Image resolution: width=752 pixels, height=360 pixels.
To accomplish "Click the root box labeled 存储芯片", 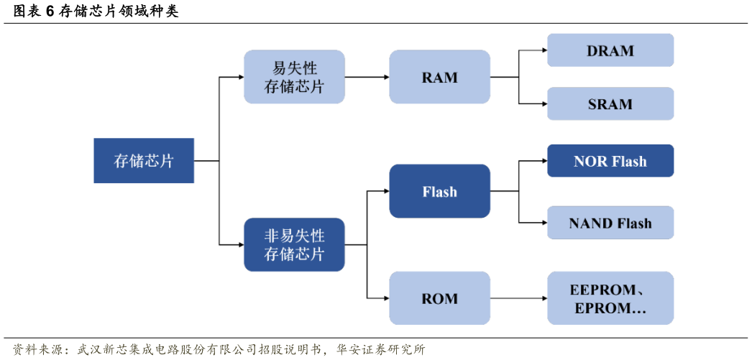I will pos(144,161).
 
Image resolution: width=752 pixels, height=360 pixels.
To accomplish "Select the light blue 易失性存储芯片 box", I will pos(294,77).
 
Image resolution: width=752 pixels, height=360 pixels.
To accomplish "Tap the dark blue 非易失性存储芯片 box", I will pos(294,244).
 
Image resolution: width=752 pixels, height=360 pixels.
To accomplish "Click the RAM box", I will pos(439,77).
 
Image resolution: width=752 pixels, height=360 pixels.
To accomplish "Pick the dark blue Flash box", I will pos(439,191).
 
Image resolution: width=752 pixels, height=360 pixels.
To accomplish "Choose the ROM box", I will pos(439,297).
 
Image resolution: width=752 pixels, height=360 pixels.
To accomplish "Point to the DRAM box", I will pos(610,50).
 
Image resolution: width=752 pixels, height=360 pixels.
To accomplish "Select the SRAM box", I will pos(610,103).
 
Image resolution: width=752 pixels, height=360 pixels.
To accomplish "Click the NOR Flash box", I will pos(610,161).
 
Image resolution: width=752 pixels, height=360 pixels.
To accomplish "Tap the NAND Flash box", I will pos(610,223).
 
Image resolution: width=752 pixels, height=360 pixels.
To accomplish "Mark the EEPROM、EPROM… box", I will pos(610,297).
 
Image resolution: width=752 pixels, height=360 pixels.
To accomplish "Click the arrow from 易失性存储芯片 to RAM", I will pos(367,77).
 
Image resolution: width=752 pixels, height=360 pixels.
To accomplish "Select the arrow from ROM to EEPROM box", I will pos(518,297).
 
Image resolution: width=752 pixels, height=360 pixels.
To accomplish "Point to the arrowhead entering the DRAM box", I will pos(544,50).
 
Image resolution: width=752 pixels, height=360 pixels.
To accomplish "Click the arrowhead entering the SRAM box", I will pos(544,103).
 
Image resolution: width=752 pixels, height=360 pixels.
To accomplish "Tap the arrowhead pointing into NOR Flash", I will pos(544,161).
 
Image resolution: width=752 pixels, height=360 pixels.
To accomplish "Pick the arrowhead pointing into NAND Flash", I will pos(544,223).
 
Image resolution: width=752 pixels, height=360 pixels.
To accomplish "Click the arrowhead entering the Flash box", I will pos(385,191).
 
